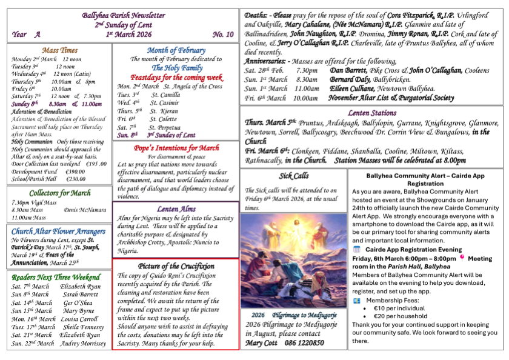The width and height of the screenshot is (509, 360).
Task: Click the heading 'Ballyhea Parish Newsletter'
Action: (124, 15)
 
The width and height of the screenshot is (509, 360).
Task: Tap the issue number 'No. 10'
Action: (223, 35)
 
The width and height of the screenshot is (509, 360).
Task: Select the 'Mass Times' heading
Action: (60, 50)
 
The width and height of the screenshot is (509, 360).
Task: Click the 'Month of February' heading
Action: (176, 50)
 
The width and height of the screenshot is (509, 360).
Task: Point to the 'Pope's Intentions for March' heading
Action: (176, 148)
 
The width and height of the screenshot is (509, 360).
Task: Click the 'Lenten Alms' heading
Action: (176, 209)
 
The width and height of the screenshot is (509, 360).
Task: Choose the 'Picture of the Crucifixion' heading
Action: (176, 266)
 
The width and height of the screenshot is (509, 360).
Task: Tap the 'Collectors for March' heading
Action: (59, 193)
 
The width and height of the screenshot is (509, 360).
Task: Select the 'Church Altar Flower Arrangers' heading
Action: (59, 231)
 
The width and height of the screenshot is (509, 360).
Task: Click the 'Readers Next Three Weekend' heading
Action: (59, 278)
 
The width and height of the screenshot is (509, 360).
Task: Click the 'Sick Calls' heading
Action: (293, 176)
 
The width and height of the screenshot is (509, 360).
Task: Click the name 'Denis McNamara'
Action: (87, 210)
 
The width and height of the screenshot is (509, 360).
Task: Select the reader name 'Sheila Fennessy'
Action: (83, 327)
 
